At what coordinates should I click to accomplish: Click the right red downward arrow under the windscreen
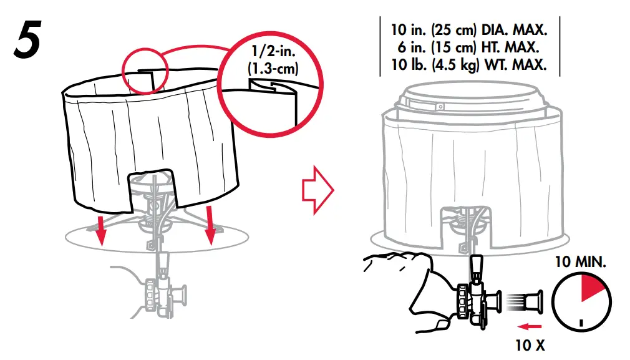point(212,226)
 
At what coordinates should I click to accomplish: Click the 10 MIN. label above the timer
point(580,262)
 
